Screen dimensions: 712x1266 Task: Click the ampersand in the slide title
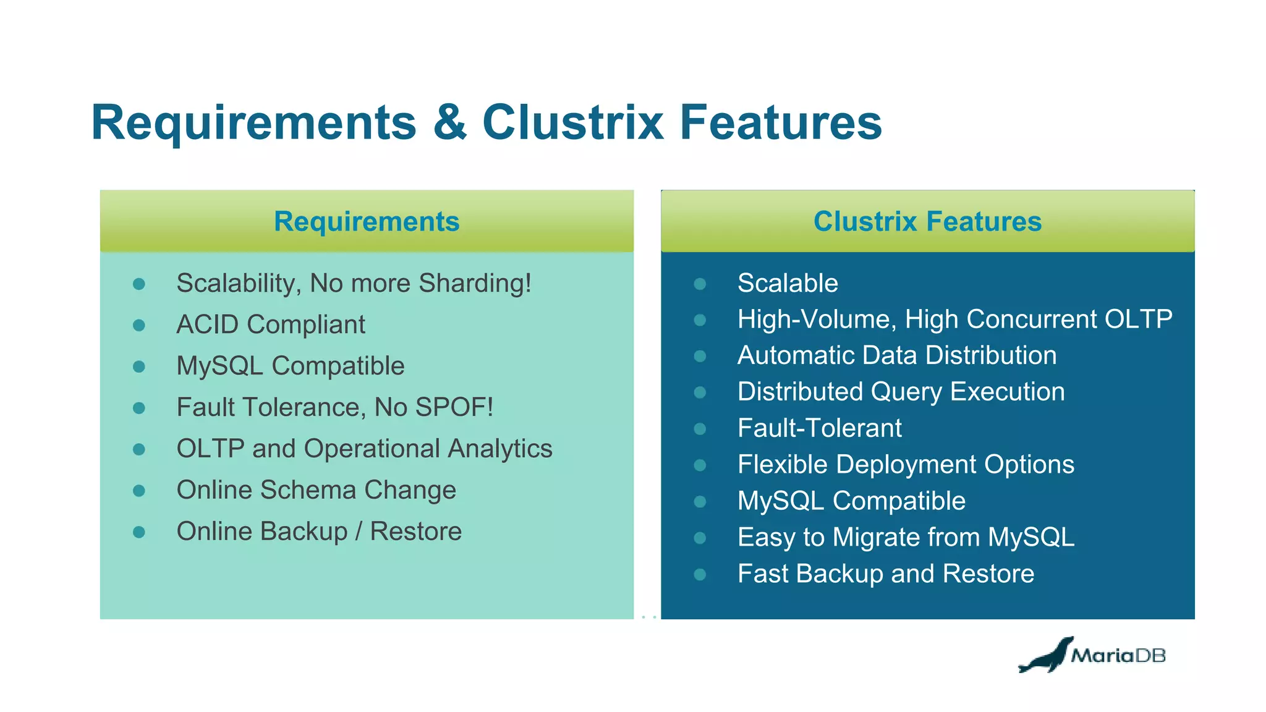point(449,123)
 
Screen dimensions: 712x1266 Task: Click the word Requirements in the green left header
point(367,221)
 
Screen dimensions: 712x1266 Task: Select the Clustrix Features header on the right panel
point(927,221)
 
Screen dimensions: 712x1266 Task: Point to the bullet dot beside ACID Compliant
point(139,325)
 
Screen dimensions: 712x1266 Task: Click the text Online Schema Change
point(316,490)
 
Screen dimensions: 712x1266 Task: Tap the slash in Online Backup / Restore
point(359,532)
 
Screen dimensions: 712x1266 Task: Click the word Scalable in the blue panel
point(788,284)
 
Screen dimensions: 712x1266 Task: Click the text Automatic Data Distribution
point(896,356)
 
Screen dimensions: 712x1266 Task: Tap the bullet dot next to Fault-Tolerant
point(700,429)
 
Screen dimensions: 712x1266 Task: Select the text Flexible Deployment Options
point(906,465)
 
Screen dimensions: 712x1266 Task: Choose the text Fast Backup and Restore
point(885,574)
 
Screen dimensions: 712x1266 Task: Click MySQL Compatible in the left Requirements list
point(290,366)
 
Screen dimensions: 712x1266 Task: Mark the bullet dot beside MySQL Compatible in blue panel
point(700,501)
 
